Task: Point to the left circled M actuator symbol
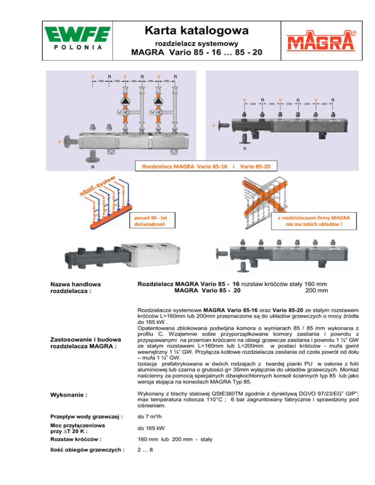[x=119, y=113]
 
